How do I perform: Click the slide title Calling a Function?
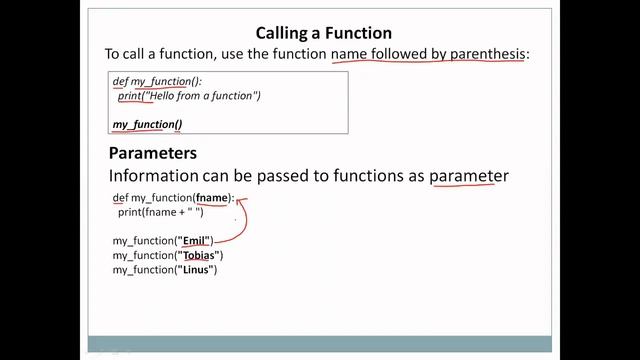(x=323, y=33)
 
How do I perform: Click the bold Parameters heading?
(x=152, y=154)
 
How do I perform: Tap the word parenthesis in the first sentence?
(x=483, y=53)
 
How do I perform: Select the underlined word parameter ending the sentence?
(x=468, y=176)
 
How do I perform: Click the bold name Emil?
(x=198, y=241)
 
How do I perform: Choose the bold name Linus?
(x=198, y=270)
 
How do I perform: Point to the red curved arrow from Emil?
(x=241, y=222)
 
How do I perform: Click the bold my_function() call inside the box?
(x=147, y=124)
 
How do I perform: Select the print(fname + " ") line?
(x=160, y=212)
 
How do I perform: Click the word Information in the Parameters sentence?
(x=155, y=176)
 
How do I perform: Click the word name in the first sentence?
(x=349, y=53)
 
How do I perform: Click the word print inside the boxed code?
(x=129, y=96)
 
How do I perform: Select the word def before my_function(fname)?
(x=120, y=198)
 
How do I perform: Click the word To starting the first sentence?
(x=114, y=53)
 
